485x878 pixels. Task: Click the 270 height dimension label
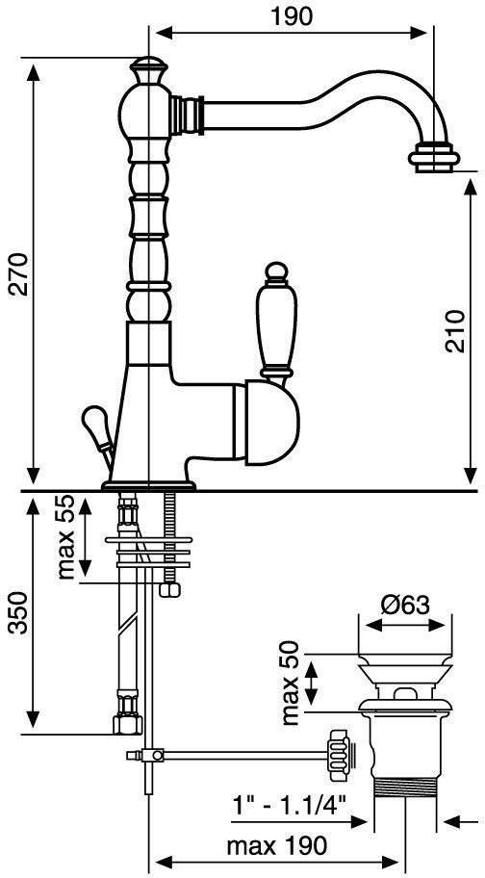click(x=19, y=273)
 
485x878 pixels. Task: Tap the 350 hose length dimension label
click(x=19, y=612)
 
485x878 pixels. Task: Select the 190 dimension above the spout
click(x=291, y=16)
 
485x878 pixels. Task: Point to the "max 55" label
click(x=66, y=537)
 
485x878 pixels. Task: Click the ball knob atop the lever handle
click(x=274, y=271)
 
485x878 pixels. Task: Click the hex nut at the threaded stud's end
click(x=170, y=589)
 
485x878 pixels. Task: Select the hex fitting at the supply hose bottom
click(x=128, y=724)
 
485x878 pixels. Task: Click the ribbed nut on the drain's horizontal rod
click(x=340, y=756)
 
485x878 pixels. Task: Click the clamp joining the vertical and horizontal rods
click(x=151, y=756)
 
